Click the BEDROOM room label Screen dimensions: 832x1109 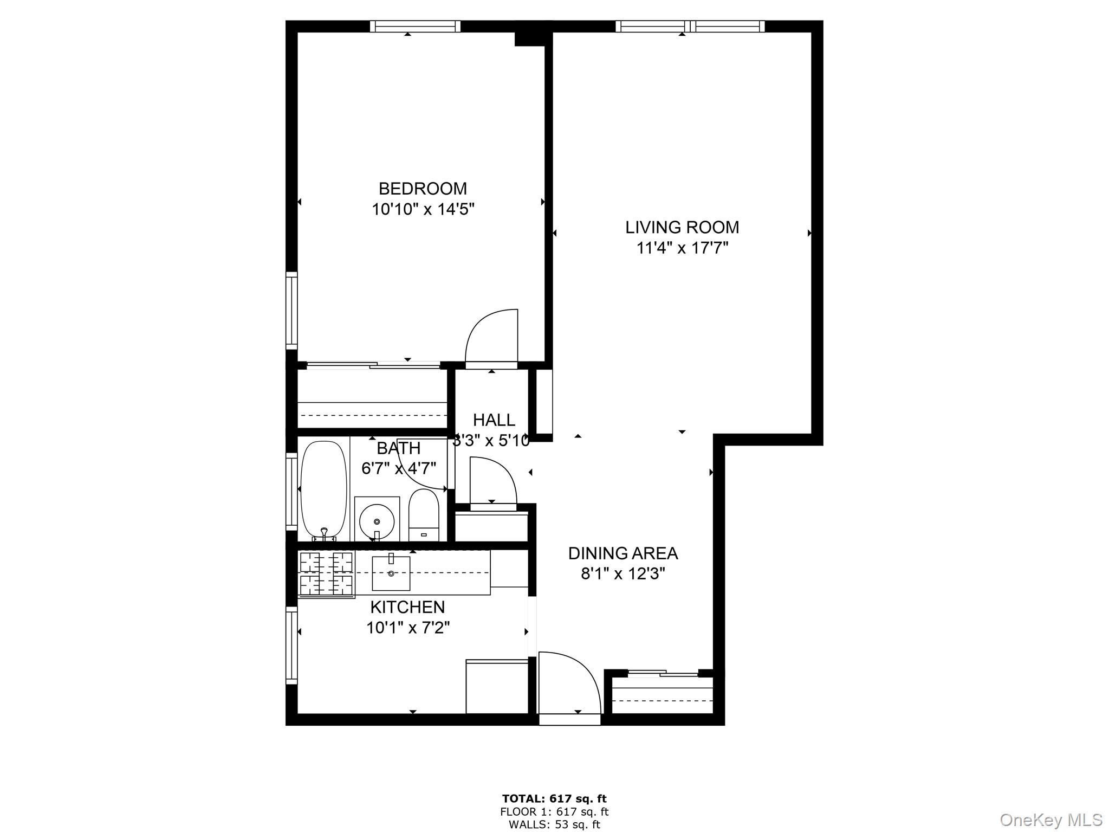(423, 189)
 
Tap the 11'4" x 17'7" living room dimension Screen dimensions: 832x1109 (682, 248)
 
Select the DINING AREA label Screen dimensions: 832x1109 (622, 553)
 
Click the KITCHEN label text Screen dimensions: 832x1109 (407, 607)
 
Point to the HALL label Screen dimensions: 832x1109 (494, 420)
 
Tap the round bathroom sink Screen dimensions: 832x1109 (377, 521)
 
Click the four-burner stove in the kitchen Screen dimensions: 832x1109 (326, 574)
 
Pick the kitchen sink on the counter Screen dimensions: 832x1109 (391, 573)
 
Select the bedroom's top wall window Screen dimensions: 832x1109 (416, 26)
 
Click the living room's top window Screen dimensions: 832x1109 (690, 26)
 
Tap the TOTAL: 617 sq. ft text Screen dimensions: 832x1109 (554, 798)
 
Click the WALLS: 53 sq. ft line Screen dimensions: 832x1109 (554, 825)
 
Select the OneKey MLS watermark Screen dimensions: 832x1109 (1050, 819)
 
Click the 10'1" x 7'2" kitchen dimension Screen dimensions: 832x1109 (408, 628)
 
